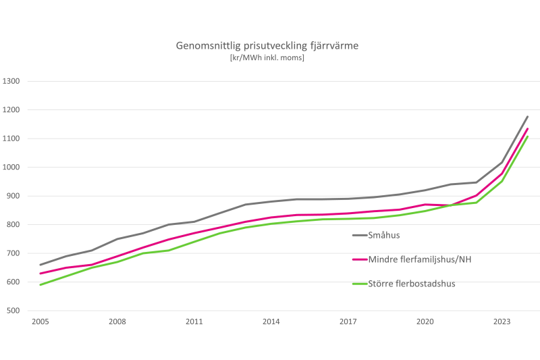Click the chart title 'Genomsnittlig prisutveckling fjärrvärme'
pos(268,46)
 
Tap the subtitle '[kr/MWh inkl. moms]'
pos(268,58)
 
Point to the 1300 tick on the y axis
pos(13,81)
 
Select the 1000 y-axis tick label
pos(13,168)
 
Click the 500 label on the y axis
pos(14,311)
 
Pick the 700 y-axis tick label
pos(14,253)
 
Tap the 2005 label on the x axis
pos(40,322)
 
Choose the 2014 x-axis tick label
pos(271,322)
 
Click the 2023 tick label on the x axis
pos(502,322)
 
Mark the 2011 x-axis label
pos(194,322)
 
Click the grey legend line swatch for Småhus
pos(359,235)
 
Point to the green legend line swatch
pos(359,284)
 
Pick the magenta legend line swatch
pos(359,259)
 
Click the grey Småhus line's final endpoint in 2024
pos(527,117)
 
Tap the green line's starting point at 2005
pos(40,285)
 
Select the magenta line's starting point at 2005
pos(40,274)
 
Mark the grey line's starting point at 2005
pos(40,265)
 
